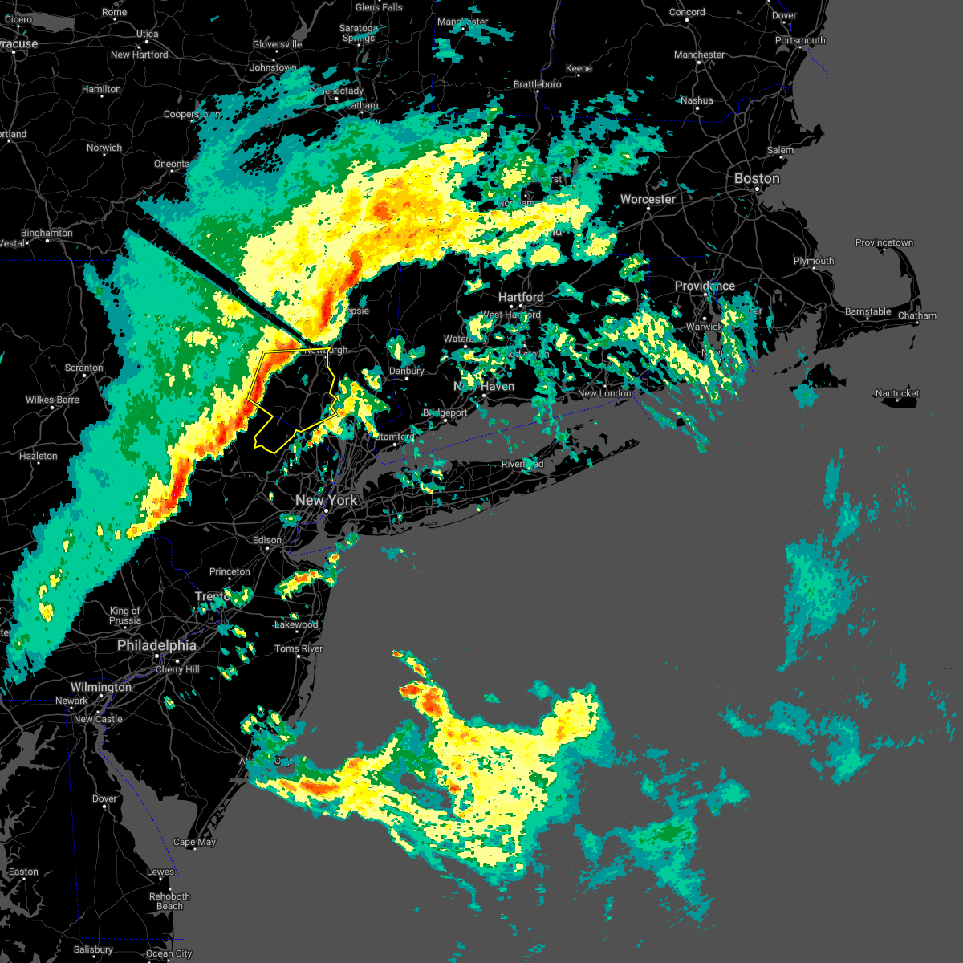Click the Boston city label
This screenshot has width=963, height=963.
(x=757, y=178)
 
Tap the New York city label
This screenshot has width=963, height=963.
(x=326, y=500)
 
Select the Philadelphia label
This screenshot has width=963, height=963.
(x=156, y=645)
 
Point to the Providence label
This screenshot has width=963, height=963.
(x=705, y=286)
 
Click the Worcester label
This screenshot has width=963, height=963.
(x=648, y=199)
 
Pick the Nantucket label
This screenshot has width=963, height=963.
(x=897, y=393)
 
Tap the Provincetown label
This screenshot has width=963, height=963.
(x=884, y=242)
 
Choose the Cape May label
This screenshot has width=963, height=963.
(x=194, y=842)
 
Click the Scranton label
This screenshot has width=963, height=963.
(x=83, y=368)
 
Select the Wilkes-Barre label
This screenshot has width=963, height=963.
(x=52, y=400)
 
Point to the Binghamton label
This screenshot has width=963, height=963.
(x=47, y=233)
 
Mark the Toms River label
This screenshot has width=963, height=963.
(x=299, y=648)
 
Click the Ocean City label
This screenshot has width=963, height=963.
(x=169, y=953)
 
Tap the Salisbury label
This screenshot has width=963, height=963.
(x=93, y=949)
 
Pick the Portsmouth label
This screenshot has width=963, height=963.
(x=800, y=40)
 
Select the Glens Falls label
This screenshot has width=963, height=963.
(x=379, y=7)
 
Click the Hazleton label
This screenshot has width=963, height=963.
(x=39, y=456)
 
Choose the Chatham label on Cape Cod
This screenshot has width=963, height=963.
(x=917, y=315)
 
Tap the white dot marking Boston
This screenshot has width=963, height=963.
(x=757, y=189)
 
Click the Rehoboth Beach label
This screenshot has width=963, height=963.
(x=169, y=901)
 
